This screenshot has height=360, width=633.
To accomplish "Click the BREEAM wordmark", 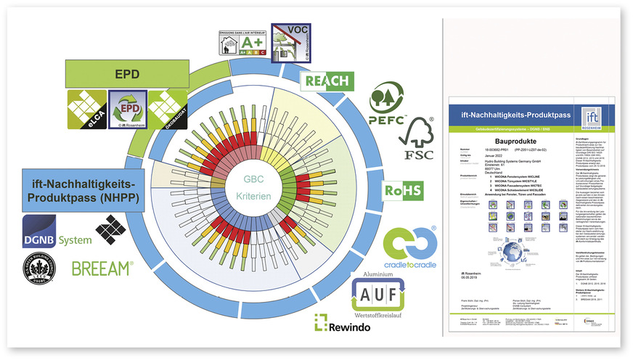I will (102, 268).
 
